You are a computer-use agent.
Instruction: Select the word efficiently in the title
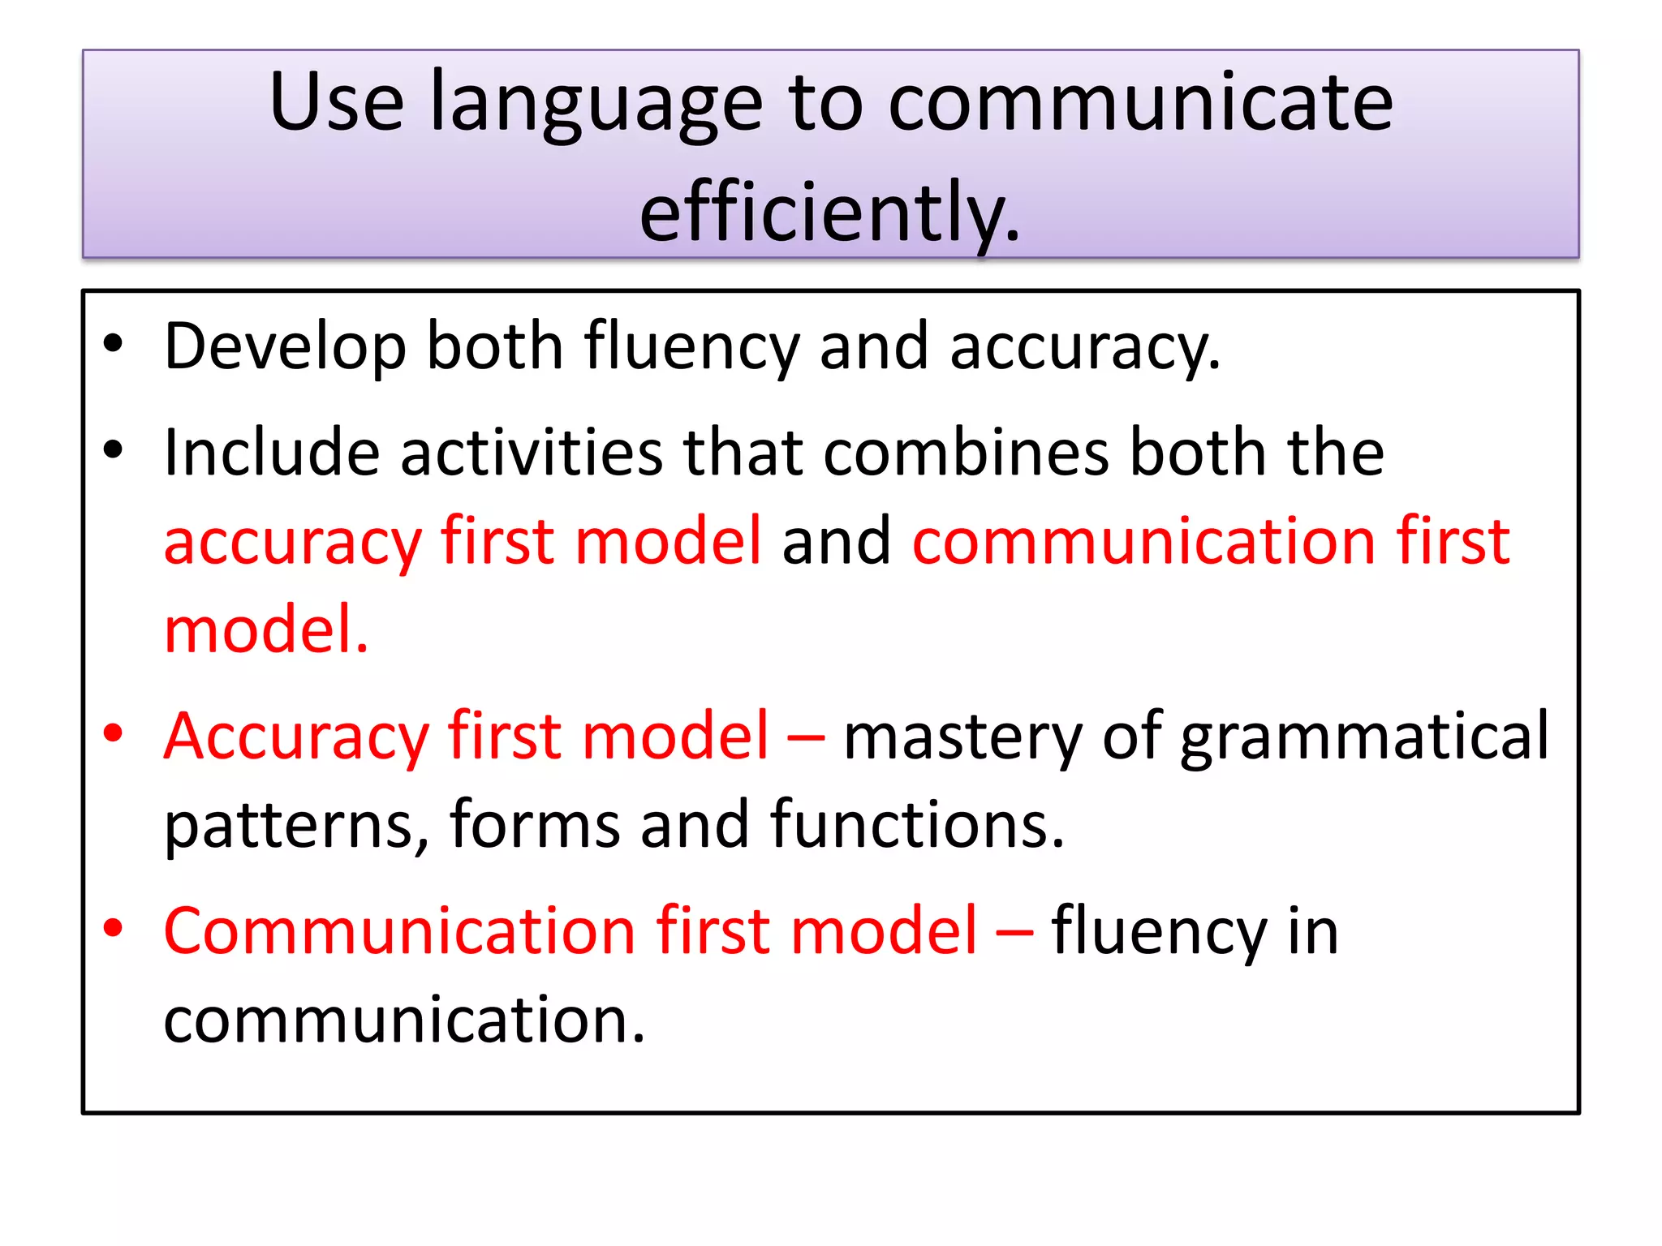[829, 213]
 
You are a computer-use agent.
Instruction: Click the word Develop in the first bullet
[285, 347]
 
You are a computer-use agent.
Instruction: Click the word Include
[272, 452]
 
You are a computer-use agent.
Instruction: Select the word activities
[532, 452]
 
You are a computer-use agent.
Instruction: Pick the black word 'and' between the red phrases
[837, 541]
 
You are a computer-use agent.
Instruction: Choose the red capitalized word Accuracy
[296, 737]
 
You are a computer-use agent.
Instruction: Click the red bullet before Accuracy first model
[113, 733]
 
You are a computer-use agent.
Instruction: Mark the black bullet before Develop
[113, 343]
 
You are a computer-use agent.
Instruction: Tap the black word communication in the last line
[404, 1020]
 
